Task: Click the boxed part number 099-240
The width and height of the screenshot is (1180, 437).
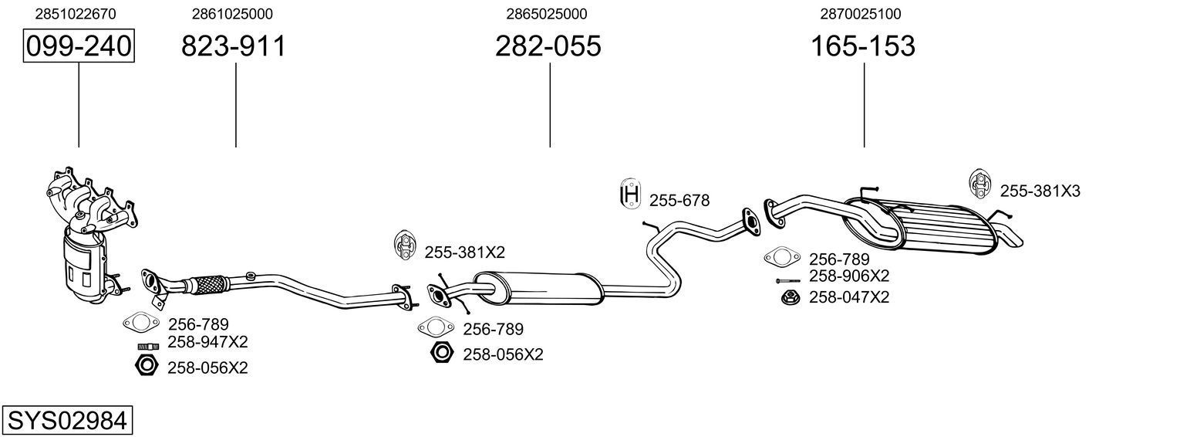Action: point(79,46)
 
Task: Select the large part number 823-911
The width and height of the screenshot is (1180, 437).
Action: point(233,46)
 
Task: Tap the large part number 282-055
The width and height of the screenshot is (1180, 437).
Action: point(548,46)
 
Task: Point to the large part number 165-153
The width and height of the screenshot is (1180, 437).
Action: point(862,46)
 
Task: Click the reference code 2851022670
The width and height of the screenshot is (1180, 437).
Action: point(76,14)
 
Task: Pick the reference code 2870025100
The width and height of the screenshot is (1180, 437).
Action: point(861,14)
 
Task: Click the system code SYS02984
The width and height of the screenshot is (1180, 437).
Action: point(66,421)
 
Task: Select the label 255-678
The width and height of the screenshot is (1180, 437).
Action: point(679,201)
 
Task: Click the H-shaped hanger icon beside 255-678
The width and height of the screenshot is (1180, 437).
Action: point(630,195)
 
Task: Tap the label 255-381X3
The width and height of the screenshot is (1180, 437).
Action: point(1040,191)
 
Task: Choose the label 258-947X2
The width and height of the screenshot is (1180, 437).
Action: point(207,342)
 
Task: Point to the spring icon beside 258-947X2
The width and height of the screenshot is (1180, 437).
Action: point(147,345)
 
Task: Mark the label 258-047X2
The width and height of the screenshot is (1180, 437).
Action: point(848,297)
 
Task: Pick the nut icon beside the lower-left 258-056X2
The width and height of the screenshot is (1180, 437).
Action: point(147,366)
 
